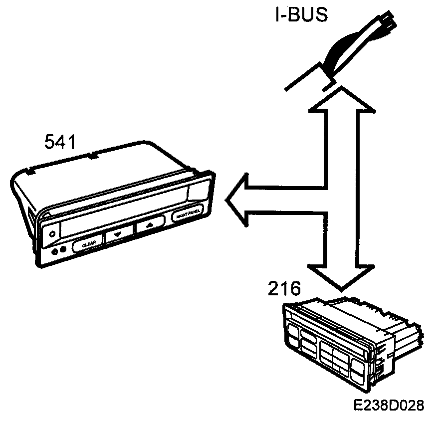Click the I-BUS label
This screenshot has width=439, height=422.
[301, 14]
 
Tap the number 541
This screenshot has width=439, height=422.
[60, 142]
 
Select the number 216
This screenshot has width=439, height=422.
[284, 288]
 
